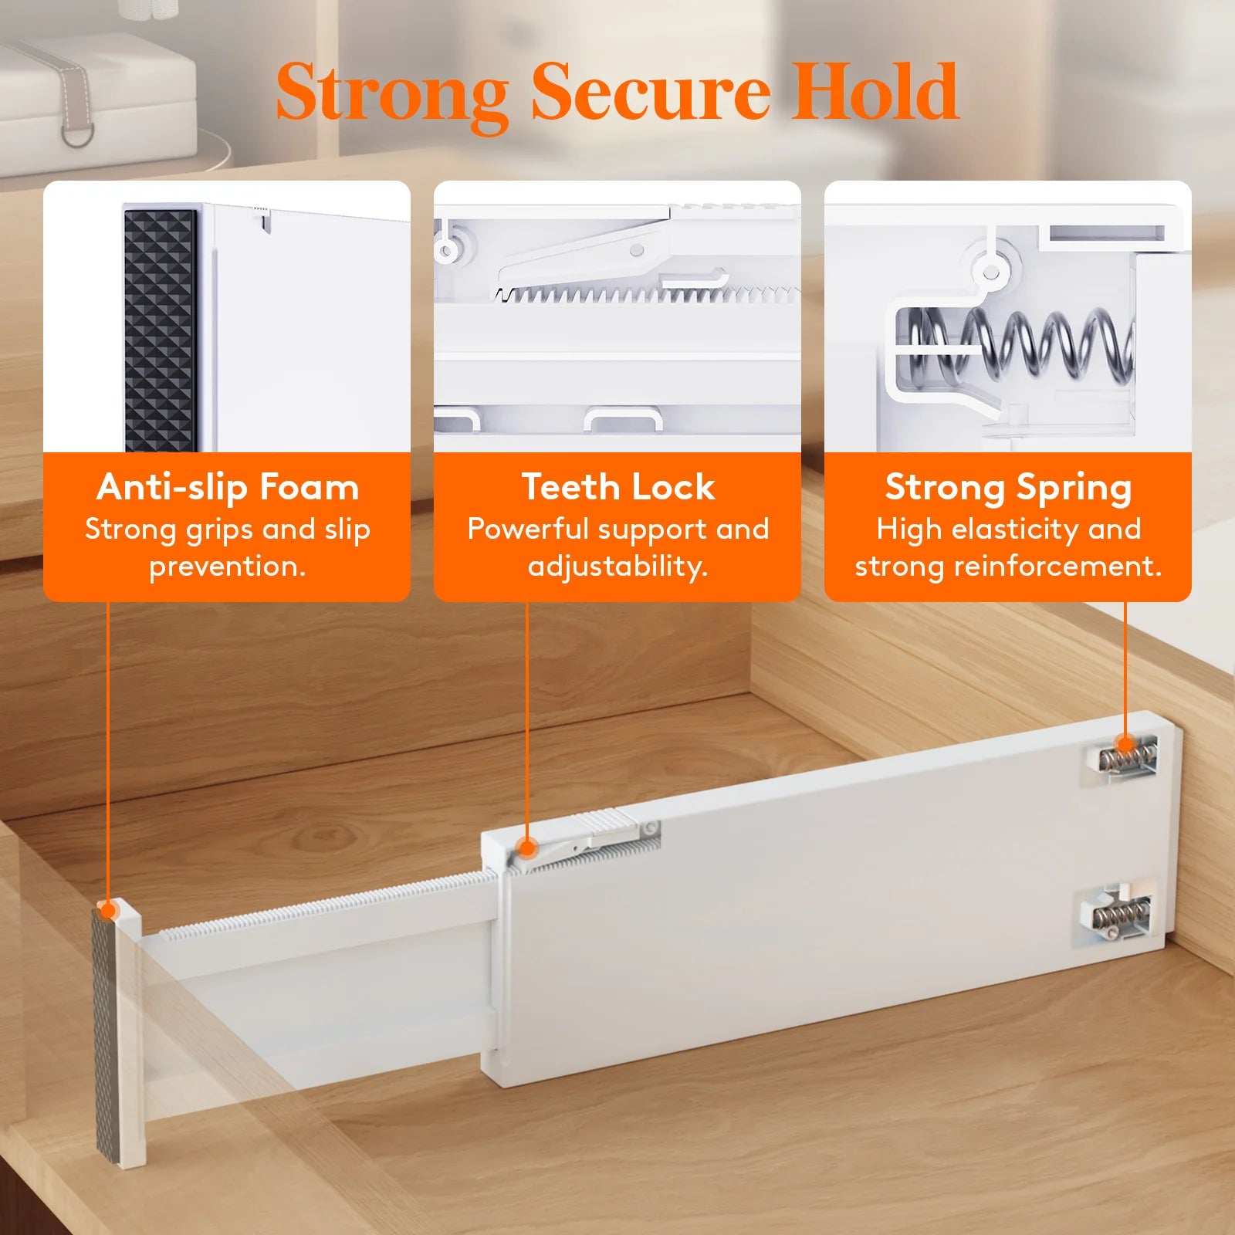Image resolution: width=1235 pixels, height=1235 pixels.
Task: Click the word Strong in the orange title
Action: [391, 94]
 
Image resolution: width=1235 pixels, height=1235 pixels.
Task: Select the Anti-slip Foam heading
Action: [228, 487]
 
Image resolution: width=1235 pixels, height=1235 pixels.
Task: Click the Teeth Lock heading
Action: [617, 487]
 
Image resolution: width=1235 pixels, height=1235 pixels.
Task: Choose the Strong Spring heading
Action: [1008, 487]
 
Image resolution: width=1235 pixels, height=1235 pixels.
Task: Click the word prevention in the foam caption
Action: [228, 567]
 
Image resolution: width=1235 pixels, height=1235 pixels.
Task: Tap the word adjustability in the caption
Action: [617, 567]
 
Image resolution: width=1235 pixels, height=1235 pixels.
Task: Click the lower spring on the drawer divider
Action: [1119, 915]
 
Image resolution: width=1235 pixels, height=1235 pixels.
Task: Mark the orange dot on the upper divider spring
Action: [1125, 745]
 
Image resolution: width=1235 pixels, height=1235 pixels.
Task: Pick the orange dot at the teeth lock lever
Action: [527, 849]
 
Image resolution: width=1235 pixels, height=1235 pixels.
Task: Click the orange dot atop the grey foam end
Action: [109, 911]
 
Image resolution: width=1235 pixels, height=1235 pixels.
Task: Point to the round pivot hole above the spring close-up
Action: [990, 272]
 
